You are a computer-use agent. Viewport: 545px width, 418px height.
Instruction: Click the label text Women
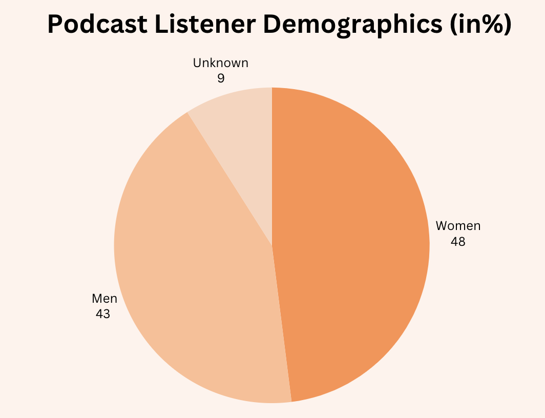click(x=458, y=226)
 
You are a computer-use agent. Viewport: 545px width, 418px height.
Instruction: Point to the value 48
click(x=458, y=241)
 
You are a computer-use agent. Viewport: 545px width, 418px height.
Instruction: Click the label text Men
click(x=104, y=298)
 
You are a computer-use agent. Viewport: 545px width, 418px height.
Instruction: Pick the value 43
click(x=103, y=313)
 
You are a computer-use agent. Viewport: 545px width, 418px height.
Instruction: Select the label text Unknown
click(x=221, y=63)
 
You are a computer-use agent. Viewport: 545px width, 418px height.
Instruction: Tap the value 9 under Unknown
click(x=221, y=78)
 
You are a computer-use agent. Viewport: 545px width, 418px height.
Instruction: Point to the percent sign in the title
click(x=492, y=25)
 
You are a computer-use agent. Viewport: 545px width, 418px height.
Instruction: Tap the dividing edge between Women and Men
click(x=282, y=323)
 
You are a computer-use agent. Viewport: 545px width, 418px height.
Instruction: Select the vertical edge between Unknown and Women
click(x=272, y=164)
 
